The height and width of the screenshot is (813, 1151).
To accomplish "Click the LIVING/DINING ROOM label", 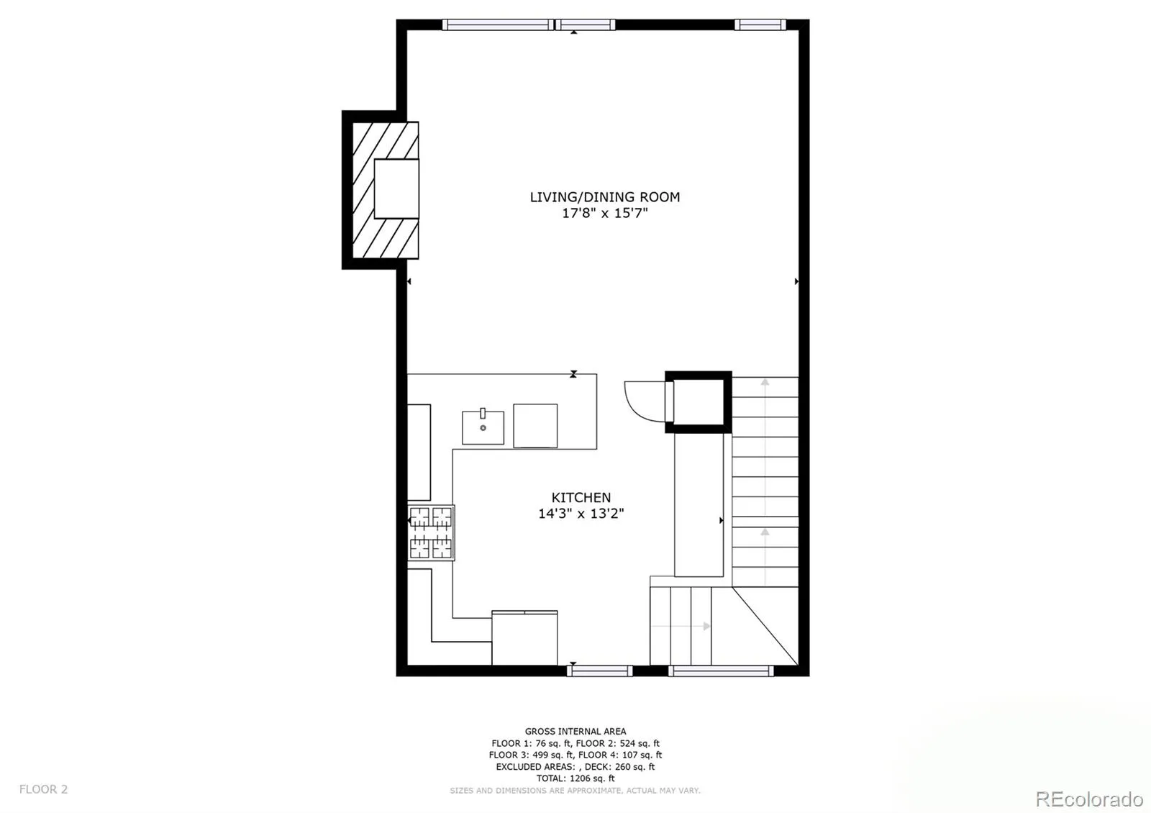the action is click(x=605, y=197).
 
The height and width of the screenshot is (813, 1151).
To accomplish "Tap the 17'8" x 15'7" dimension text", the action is click(x=605, y=213).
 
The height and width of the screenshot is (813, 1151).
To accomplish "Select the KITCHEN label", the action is click(x=581, y=497).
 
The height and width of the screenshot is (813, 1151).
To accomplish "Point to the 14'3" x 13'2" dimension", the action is click(x=581, y=514).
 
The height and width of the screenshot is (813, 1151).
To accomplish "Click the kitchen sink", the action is click(x=483, y=427).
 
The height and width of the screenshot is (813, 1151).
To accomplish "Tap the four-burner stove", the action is click(x=431, y=532).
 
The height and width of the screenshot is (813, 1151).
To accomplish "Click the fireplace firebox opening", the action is click(x=396, y=189).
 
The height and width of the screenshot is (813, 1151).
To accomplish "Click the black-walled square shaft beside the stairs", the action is click(x=699, y=402).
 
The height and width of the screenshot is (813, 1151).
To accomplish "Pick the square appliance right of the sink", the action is click(x=535, y=425).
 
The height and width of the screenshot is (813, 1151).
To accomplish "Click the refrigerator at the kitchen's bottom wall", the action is click(x=524, y=637).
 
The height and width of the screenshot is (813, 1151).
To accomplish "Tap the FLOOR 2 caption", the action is click(x=44, y=789).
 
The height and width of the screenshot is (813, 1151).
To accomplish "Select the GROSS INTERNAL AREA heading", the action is click(x=575, y=731).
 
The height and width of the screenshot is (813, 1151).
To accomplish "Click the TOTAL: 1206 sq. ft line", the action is click(x=575, y=778).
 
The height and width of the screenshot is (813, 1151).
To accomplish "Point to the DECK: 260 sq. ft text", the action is click(x=619, y=767).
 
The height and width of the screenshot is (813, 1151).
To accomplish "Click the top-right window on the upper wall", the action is click(x=760, y=24).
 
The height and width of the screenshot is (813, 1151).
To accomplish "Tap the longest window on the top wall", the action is click(x=498, y=24).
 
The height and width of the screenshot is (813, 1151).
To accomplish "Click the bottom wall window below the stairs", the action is click(x=721, y=671).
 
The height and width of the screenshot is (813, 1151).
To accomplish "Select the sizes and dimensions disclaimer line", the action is click(x=575, y=791).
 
